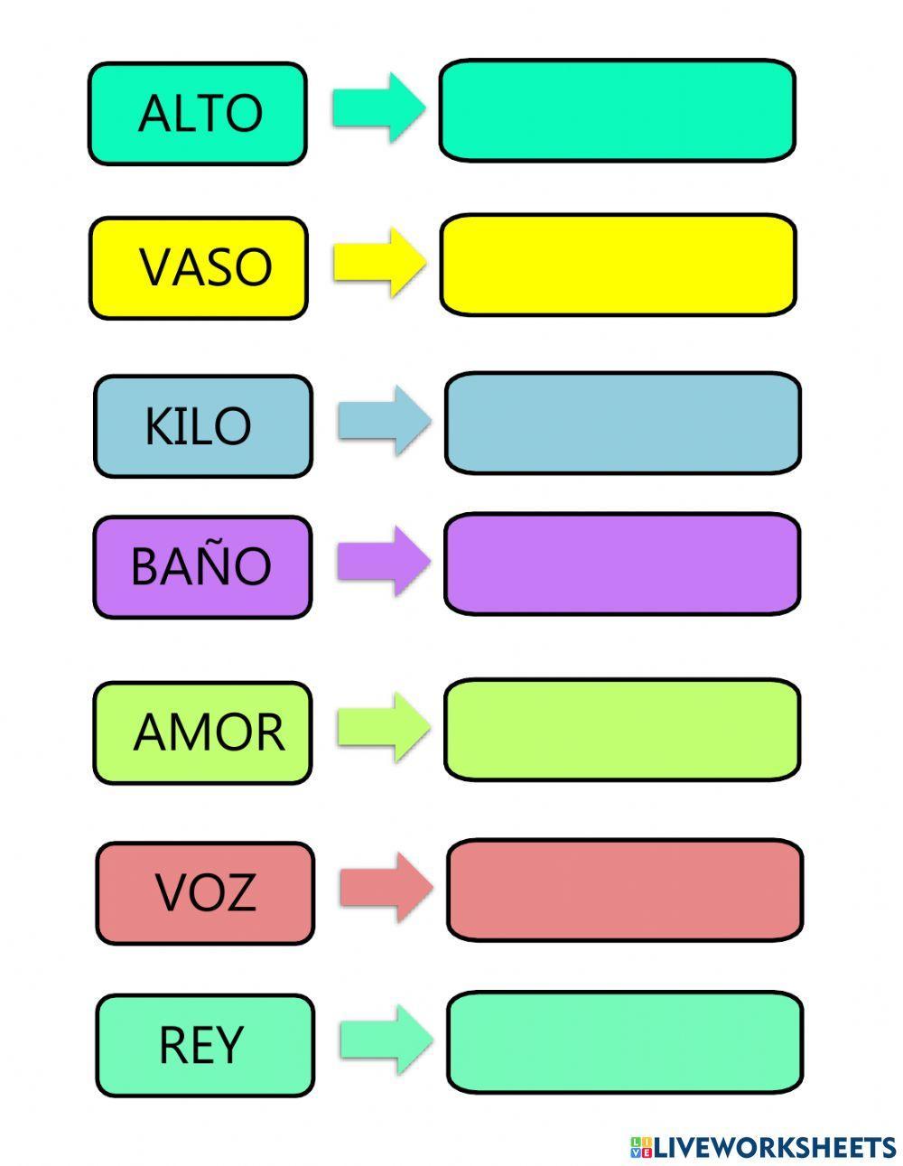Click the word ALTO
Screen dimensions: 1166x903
[200, 113]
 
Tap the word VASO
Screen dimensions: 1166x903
[205, 267]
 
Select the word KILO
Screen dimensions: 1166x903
[198, 425]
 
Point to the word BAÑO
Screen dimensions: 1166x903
[200, 566]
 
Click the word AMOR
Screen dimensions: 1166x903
[209, 732]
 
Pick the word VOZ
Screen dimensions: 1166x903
[206, 892]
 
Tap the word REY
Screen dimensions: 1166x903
[201, 1045]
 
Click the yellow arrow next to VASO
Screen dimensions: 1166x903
[378, 263]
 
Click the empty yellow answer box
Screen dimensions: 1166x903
[618, 266]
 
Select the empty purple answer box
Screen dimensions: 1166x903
[621, 564]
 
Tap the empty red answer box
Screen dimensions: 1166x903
[624, 890]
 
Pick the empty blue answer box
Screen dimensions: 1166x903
[622, 423]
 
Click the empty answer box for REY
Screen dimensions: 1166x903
[624, 1041]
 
